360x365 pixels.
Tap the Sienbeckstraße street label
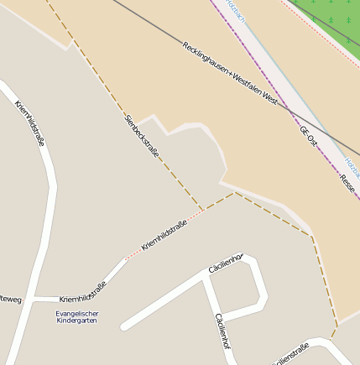coord(141,135)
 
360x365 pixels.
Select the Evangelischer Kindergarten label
coord(76,317)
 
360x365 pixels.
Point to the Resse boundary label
coord(347,184)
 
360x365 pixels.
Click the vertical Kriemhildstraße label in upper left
coord(29,123)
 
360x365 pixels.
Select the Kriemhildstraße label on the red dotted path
coord(164,234)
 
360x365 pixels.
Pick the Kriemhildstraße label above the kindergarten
coord(82,293)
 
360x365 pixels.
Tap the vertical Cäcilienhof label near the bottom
coord(222,331)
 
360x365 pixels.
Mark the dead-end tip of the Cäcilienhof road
coord(124,326)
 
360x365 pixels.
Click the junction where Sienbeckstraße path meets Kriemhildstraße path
coord(202,210)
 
